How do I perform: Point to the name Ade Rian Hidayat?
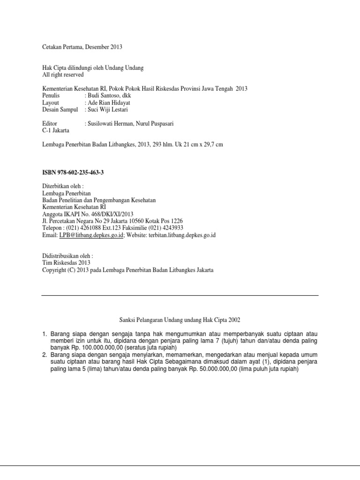click(x=109, y=102)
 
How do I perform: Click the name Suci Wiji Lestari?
click(x=107, y=109)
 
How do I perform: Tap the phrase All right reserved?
click(x=63, y=75)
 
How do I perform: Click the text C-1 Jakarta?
click(x=55, y=130)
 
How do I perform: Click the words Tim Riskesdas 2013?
click(x=66, y=263)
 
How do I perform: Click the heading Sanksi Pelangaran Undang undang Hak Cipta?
click(x=177, y=320)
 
